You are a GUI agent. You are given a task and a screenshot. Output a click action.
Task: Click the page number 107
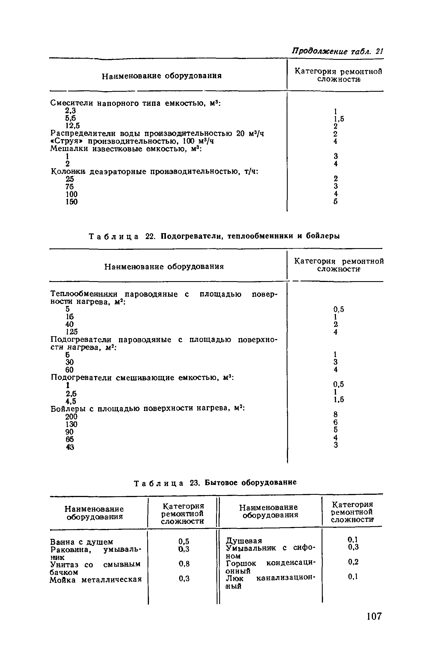pyautogui.click(x=374, y=624)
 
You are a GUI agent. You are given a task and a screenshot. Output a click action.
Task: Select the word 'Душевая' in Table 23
pyautogui.click(x=244, y=541)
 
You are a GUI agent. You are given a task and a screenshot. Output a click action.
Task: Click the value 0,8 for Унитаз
pyautogui.click(x=184, y=564)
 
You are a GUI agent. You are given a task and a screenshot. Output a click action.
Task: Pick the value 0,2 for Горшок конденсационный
pyautogui.click(x=353, y=562)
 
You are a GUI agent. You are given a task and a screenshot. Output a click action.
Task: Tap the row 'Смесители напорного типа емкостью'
pyautogui.click(x=135, y=103)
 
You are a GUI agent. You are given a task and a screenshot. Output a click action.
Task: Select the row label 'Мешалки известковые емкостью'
pyautogui.click(x=125, y=148)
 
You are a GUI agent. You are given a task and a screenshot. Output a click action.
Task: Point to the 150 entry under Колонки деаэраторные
pyautogui.click(x=71, y=202)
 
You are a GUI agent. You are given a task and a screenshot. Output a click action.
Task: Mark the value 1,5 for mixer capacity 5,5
pyautogui.click(x=339, y=119)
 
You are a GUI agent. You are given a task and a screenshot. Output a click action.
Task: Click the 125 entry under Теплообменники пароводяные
pyautogui.click(x=72, y=332)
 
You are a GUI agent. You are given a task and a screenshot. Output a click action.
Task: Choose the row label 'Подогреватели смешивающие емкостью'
pyautogui.click(x=141, y=378)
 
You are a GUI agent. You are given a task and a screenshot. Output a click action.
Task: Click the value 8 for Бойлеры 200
pyautogui.click(x=335, y=415)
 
